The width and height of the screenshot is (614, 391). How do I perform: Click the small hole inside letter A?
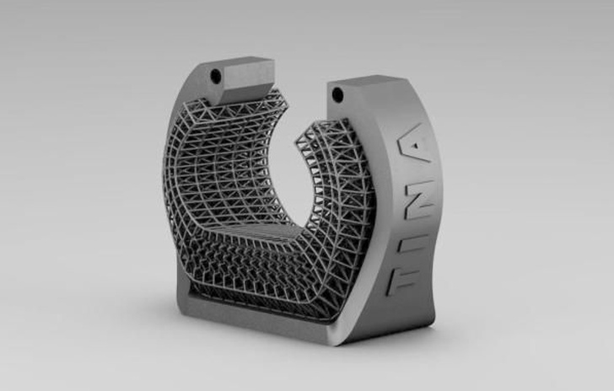[x=416, y=147]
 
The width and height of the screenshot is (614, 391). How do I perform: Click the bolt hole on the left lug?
[x=215, y=74]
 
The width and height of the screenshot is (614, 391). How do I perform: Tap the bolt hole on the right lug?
[x=337, y=94]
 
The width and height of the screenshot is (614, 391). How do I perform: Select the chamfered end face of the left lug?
[x=250, y=81]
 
